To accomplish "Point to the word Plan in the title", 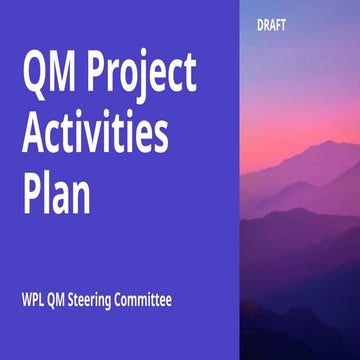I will pyautogui.click(x=56, y=192).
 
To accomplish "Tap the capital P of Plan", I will pyautogui.click(x=32, y=192).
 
